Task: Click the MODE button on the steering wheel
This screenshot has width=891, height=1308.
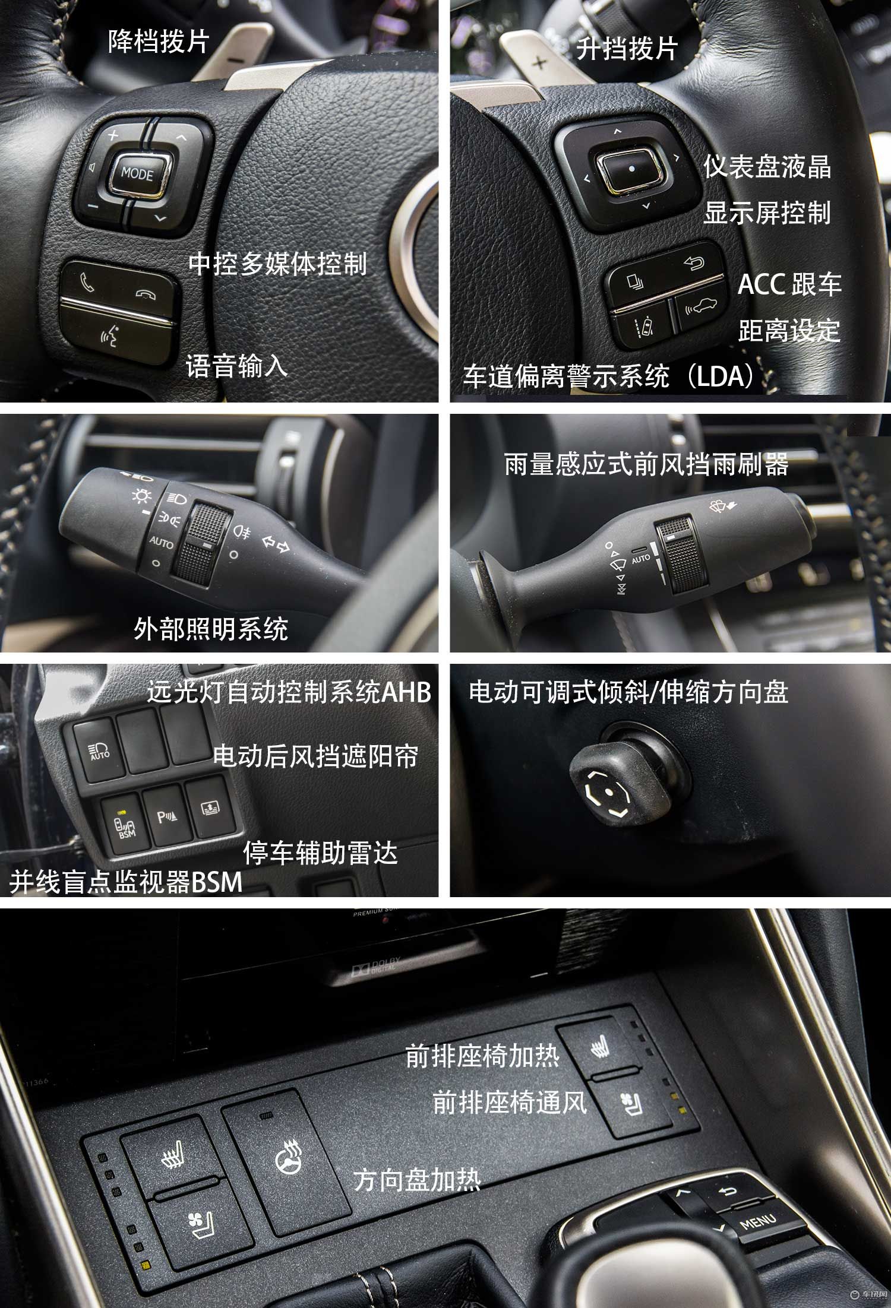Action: [138, 173]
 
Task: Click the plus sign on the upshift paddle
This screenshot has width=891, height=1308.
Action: [539, 61]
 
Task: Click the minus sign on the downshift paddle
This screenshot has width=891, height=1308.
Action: [236, 60]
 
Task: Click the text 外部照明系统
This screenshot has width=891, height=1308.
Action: [211, 629]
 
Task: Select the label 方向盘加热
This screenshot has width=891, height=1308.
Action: [417, 1180]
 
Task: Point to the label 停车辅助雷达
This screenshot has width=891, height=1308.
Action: [320, 853]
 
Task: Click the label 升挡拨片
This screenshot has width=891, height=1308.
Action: [627, 49]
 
